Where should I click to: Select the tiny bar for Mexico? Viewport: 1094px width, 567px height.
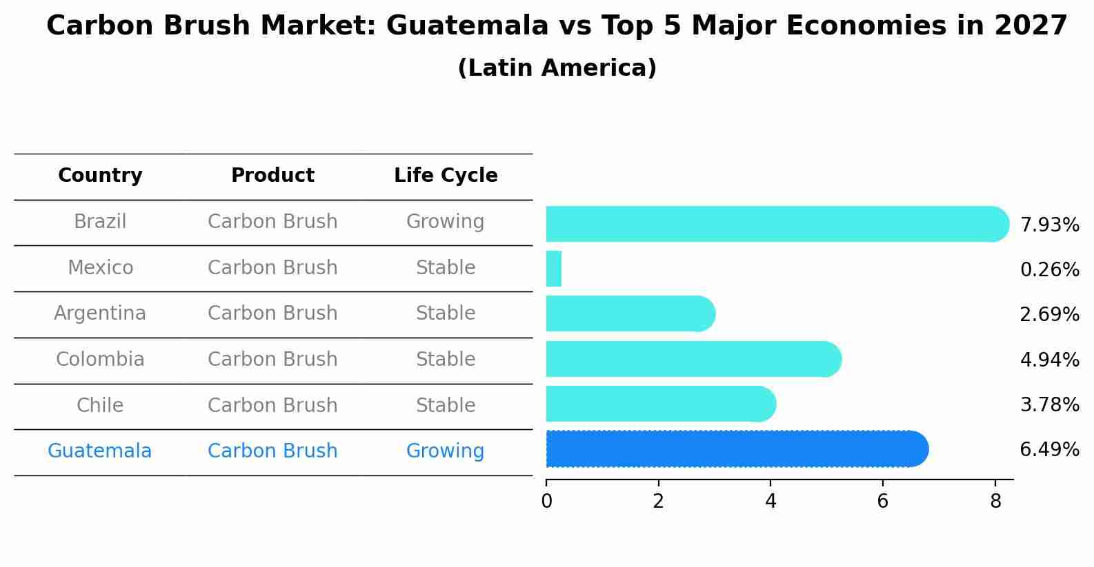554,269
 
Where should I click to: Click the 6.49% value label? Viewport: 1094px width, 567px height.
1049,450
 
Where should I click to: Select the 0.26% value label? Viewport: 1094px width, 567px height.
1049,269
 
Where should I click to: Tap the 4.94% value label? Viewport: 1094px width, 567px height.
1049,360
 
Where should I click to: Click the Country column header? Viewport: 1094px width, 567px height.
100,176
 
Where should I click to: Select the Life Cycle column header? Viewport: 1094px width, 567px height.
446,176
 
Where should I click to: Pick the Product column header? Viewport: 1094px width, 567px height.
272,176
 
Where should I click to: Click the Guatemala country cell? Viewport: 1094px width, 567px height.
100,451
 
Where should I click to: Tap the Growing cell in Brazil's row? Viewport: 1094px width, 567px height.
445,222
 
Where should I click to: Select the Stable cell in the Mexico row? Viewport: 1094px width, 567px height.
446,267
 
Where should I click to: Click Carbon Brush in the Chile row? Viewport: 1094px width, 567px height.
272,405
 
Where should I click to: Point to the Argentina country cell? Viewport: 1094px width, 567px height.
100,313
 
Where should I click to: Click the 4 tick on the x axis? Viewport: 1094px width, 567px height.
770,502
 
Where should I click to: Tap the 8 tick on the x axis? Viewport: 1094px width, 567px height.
995,502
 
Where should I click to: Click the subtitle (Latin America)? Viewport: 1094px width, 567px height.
557,68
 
